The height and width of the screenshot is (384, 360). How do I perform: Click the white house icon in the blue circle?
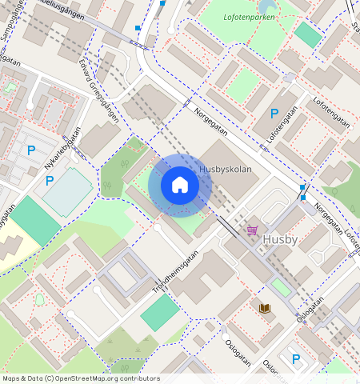pos(180,186)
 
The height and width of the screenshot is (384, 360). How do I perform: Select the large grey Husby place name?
pos(279,238)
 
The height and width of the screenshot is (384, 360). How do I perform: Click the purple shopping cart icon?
pos(253,230)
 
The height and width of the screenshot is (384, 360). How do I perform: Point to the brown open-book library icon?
pos(264,307)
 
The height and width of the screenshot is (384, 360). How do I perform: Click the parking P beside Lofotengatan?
pos(274,114)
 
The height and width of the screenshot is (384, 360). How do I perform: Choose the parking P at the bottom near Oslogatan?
pos(295,359)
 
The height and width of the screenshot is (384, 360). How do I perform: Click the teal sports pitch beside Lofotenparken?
pos(308,34)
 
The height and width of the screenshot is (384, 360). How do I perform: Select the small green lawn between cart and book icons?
pos(280,286)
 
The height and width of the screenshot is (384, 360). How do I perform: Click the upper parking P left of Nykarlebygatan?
pos(32,150)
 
